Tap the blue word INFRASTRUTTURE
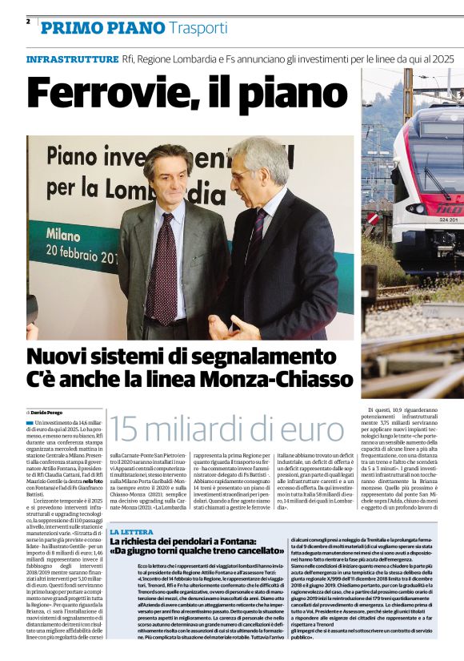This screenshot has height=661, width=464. (x=72, y=60)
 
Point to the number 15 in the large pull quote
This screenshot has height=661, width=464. (x=127, y=430)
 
